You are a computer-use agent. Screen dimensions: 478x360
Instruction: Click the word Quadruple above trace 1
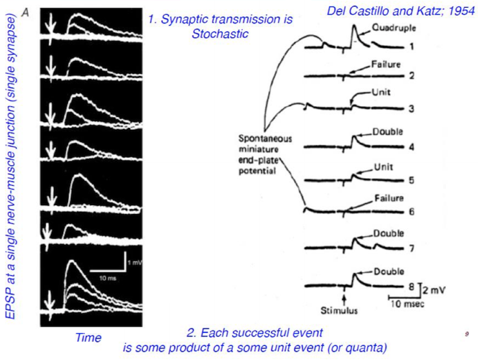point(394,28)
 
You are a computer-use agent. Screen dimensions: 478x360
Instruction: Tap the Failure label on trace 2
point(385,64)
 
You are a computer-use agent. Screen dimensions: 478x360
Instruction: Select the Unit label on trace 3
point(381,93)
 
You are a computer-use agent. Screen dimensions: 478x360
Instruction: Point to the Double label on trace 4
point(388,132)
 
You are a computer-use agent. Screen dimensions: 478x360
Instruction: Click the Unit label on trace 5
point(383,167)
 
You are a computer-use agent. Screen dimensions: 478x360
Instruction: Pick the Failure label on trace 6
point(389,198)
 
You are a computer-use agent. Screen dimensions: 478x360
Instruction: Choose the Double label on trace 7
point(389,233)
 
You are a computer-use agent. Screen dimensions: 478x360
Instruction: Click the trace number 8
point(411,287)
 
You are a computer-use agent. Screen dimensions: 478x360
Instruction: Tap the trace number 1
point(412,47)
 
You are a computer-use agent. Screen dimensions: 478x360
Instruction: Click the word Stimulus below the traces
point(339,310)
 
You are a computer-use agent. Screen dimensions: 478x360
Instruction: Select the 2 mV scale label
point(434,290)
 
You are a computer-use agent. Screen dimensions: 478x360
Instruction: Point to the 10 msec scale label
point(407,304)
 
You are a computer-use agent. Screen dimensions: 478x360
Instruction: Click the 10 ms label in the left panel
point(107,278)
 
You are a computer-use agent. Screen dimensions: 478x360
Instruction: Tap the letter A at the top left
point(26,13)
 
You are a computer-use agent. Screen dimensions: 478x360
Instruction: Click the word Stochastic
point(220,34)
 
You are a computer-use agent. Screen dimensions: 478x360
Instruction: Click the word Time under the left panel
point(88,337)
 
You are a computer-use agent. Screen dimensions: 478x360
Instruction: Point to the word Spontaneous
point(265,139)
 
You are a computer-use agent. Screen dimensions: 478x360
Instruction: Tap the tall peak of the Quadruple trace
point(354,26)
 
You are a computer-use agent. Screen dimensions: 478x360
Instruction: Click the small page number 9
point(466,334)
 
